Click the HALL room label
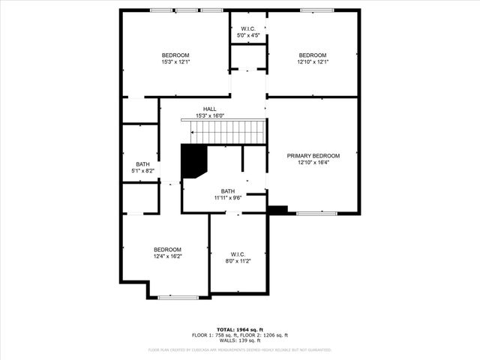[209, 109]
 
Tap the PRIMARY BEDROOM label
[313, 156]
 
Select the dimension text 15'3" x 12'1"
[175, 62]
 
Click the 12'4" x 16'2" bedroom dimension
[167, 256]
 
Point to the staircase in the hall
[228, 133]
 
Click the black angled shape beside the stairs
[193, 160]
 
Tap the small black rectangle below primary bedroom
[277, 210]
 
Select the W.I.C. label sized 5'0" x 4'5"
[247, 29]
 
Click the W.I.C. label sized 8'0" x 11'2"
[238, 254]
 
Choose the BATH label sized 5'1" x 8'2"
[142, 164]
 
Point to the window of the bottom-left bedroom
[178, 298]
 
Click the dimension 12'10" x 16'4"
[313, 163]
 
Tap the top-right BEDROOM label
[313, 55]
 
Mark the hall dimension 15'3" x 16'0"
[209, 115]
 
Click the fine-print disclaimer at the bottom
[239, 349]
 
